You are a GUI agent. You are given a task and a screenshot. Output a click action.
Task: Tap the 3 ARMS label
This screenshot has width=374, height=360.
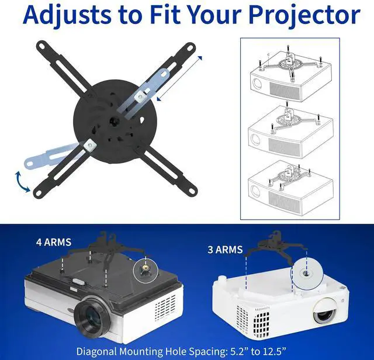tap(225, 250)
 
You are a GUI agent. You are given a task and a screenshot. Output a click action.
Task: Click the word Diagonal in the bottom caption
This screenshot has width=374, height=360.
tap(99, 352)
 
